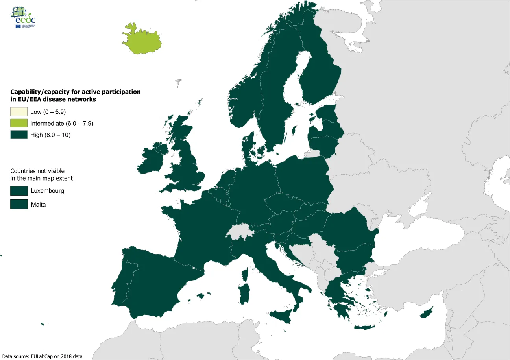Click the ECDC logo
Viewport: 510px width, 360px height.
(x=24, y=18)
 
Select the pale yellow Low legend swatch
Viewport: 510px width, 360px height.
(x=19, y=112)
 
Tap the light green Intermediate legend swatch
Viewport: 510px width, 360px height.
(x=19, y=123)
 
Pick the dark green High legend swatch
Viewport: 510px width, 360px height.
(x=19, y=135)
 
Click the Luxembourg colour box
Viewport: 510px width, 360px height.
(x=19, y=191)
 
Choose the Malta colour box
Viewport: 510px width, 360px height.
(x=19, y=204)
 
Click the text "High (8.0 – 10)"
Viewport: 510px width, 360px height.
(x=50, y=135)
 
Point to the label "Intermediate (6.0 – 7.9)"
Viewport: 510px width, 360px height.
(x=62, y=123)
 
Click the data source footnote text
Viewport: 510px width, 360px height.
(x=42, y=356)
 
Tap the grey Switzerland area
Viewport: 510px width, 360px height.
(x=240, y=232)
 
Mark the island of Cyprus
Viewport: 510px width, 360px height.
(x=426, y=313)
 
